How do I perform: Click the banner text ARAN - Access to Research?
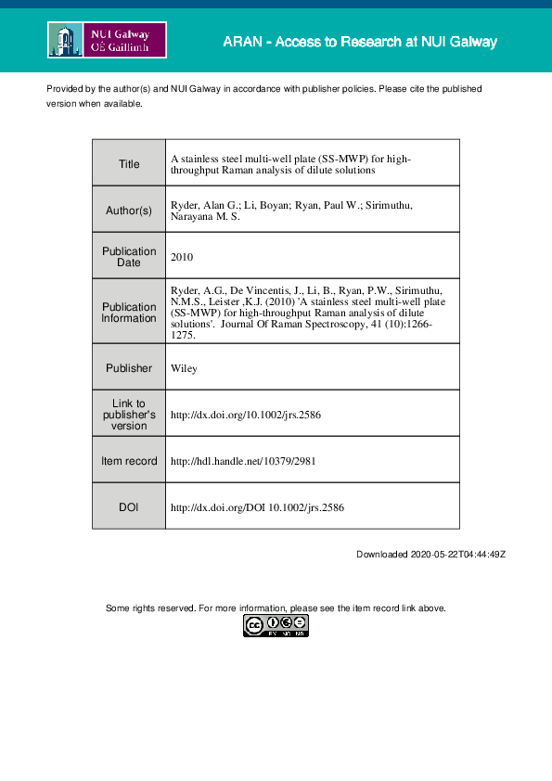[x=360, y=43]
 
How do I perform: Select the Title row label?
[x=129, y=164]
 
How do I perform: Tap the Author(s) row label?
[x=129, y=211]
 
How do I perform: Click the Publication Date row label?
[x=129, y=257]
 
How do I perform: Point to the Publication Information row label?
[x=129, y=313]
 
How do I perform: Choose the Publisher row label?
[x=129, y=368]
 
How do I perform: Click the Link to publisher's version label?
[x=129, y=415]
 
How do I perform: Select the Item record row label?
[x=129, y=461]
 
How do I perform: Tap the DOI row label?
[x=129, y=507]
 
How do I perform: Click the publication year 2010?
[x=183, y=257]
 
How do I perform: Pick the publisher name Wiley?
[x=183, y=368]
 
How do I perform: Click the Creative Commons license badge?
[x=276, y=626]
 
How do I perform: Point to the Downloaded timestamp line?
[x=430, y=554]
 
